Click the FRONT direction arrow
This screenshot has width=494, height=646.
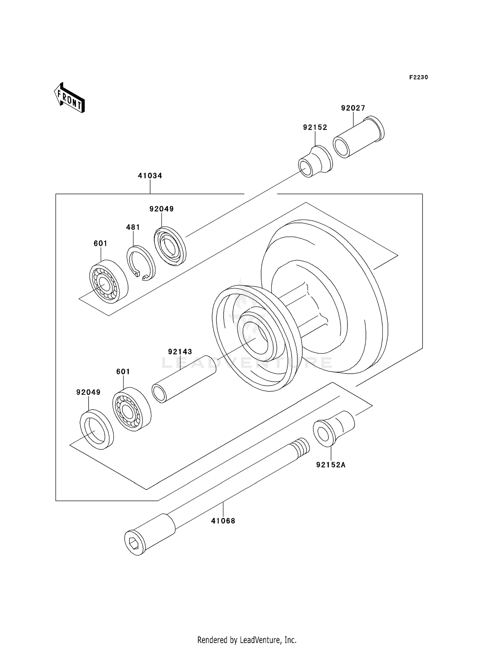[69, 98]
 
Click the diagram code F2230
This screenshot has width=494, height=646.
[418, 77]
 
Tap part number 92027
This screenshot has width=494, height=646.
[353, 108]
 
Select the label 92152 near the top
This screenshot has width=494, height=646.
[315, 127]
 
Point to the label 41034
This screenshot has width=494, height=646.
[150, 176]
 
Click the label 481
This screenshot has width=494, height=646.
[133, 227]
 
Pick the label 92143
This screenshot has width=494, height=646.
[180, 352]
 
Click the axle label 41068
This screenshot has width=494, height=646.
[223, 521]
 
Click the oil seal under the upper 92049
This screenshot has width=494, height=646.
[170, 245]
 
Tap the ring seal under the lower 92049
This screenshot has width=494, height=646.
[97, 429]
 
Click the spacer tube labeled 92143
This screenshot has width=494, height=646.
[184, 379]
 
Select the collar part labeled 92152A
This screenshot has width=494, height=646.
[334, 428]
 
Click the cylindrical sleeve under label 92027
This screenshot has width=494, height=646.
[358, 137]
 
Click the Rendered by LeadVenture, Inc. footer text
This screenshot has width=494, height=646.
[247, 640]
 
